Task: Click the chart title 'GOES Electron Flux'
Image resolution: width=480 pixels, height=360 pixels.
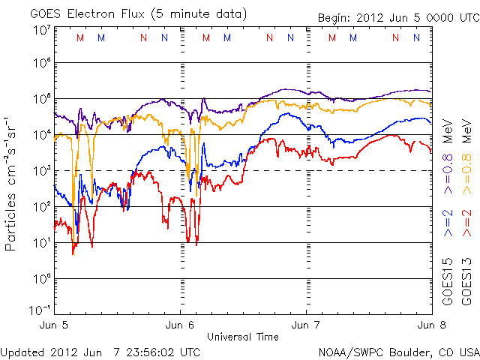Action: (x=82, y=13)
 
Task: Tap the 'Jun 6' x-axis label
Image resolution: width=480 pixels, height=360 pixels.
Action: (x=181, y=325)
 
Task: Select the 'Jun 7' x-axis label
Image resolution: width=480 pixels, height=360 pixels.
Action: (x=307, y=325)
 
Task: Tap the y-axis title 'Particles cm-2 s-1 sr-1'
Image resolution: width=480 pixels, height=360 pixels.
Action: (x=12, y=183)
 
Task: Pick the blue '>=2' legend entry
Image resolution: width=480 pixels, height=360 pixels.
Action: (x=448, y=224)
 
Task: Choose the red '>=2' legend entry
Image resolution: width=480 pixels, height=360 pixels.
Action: (x=466, y=224)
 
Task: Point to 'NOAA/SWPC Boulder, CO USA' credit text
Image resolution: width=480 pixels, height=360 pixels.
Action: (x=398, y=351)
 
